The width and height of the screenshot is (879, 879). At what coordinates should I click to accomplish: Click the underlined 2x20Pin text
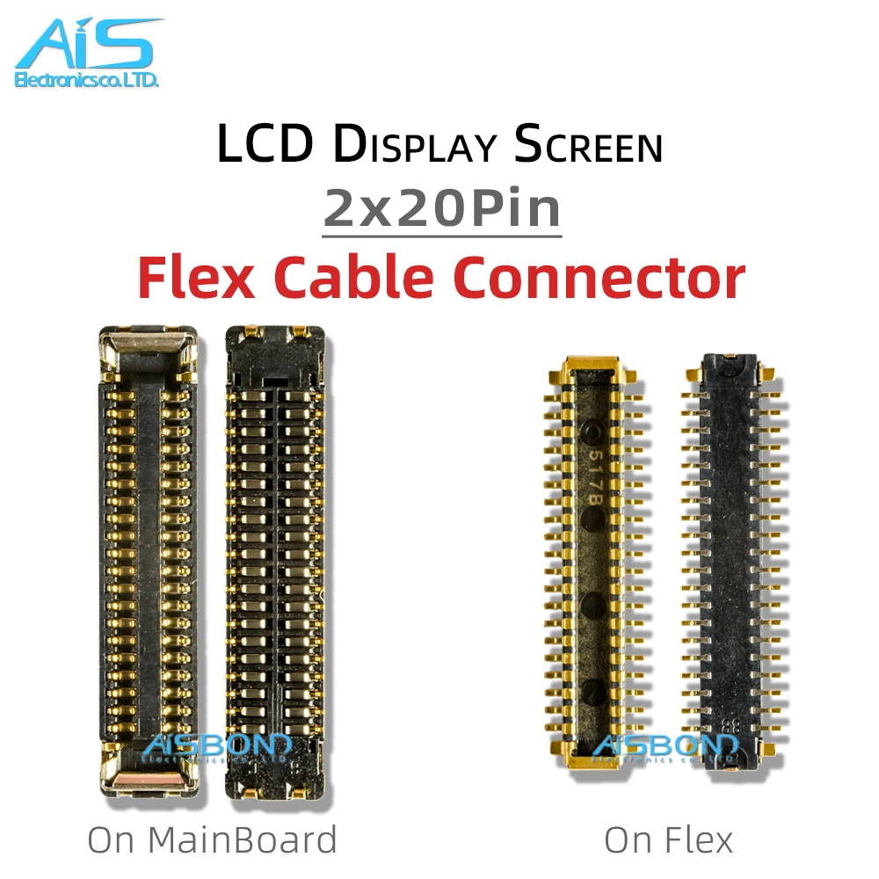[442, 208]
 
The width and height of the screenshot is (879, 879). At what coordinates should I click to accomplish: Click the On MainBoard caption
[212, 839]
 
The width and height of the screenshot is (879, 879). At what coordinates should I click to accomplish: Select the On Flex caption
[668, 839]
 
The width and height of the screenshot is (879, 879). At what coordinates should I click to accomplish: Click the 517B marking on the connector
[593, 476]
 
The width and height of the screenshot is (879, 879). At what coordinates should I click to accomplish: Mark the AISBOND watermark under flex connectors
[665, 747]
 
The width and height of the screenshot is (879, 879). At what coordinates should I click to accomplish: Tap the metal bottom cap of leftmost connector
[146, 774]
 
